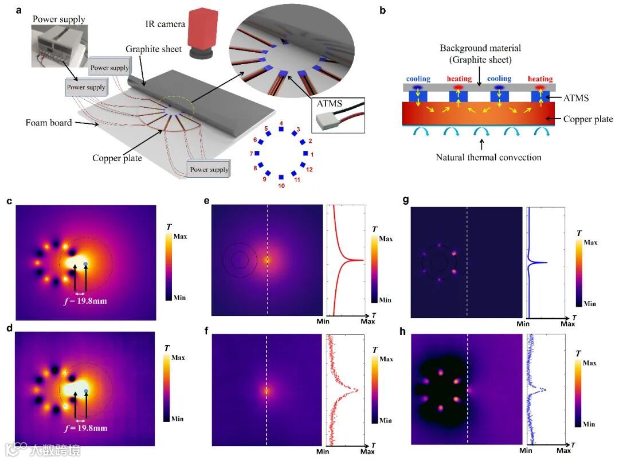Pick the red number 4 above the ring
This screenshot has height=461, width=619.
pos(281,123)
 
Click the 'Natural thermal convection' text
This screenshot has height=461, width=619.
pos(488,157)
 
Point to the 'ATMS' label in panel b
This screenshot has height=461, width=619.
pos(575,98)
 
